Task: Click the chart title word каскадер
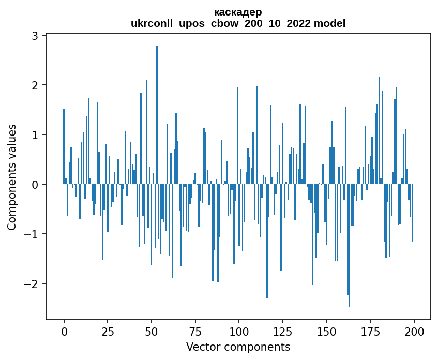coord(238,12)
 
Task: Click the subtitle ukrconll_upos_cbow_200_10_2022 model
coord(238,23)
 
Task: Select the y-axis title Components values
coord(11,177)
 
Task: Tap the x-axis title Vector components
coord(238,347)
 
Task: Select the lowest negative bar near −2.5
coord(349,246)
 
